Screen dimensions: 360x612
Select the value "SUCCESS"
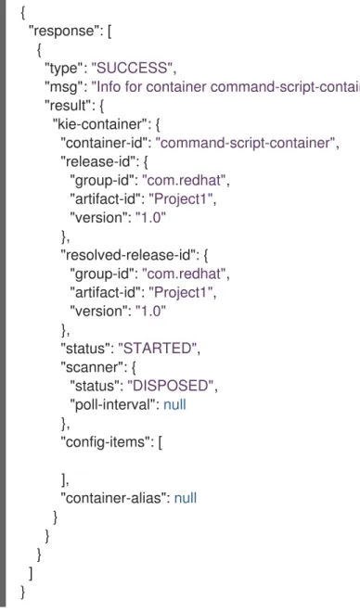[x=133, y=69]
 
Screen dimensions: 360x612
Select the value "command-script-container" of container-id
[x=247, y=143]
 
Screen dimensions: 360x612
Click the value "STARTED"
[x=160, y=348]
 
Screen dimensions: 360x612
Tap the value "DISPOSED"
[x=173, y=386]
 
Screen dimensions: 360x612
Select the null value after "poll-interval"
[x=174, y=404]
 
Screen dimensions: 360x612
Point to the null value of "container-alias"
[x=185, y=498]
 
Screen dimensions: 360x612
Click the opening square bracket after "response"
[x=109, y=32]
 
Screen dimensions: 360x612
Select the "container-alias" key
[x=113, y=498]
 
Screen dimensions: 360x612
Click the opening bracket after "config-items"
[x=161, y=442]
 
